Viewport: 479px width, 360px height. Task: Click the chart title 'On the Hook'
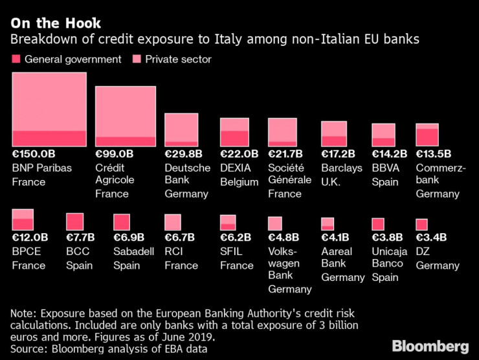point(51,23)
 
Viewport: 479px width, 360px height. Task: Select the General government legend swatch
point(16,60)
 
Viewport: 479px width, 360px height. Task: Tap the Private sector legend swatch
point(137,60)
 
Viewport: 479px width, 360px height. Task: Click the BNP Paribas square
point(49,109)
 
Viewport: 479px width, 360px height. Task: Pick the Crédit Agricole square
point(126,116)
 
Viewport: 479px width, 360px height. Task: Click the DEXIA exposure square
point(234,132)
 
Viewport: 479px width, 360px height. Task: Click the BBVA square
point(383,135)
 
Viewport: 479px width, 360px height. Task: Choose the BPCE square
point(23,219)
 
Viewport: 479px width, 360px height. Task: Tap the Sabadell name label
point(134,251)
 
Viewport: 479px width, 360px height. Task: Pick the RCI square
point(173,222)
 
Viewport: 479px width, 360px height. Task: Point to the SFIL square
point(228,222)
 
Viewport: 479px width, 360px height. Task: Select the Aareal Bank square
point(328,223)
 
